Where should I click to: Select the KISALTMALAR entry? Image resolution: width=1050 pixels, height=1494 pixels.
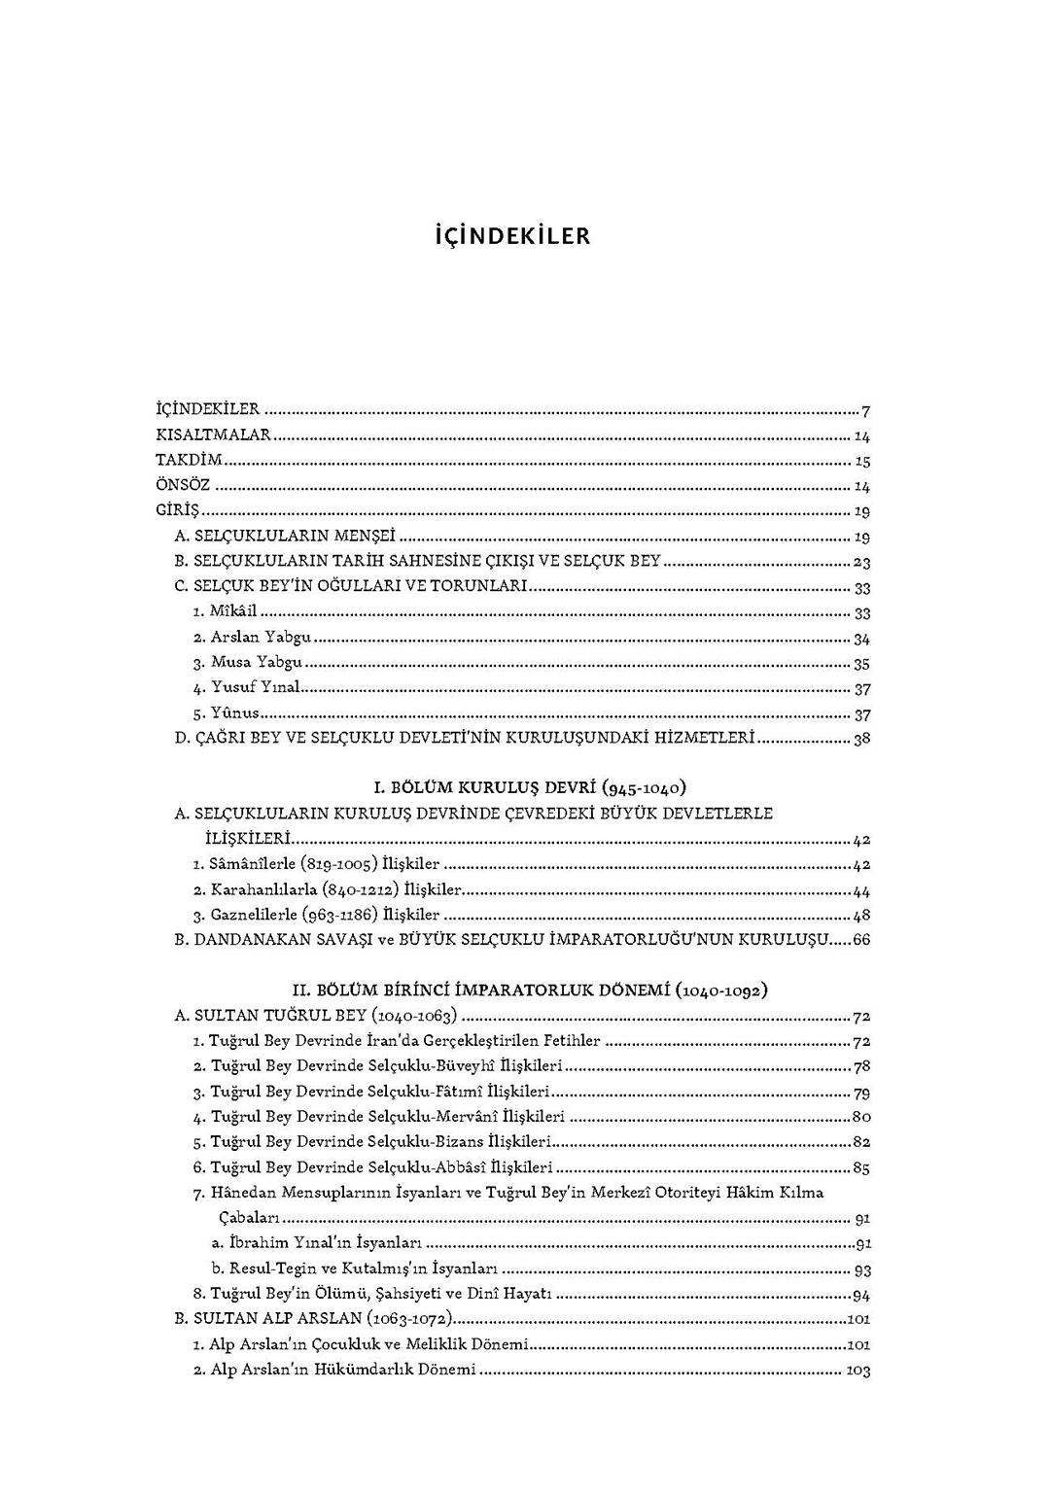pos(213,435)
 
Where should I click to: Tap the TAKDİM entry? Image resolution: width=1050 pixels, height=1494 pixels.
pos(189,461)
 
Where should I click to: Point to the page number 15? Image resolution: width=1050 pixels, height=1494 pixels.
pos(861,462)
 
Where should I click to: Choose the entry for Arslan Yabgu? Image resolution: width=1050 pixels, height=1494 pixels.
pos(261,638)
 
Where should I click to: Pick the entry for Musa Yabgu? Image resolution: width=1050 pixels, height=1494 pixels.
pos(256,663)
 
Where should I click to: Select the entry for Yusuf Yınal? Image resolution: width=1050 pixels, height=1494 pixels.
pos(255,688)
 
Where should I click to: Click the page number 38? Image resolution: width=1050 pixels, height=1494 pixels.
pos(861,739)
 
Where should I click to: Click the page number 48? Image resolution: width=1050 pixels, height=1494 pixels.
pos(861,915)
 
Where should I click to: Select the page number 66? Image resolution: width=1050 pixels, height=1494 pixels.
pos(861,940)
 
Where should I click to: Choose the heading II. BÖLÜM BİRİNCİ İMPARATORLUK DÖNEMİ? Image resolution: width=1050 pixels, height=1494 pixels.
pos(530,990)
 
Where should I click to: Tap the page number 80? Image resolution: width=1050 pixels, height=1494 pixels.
pos(861,1117)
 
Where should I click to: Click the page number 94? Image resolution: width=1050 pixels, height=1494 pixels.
pos(860,1294)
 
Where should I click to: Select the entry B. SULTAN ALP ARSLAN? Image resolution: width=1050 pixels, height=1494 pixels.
pos(314,1319)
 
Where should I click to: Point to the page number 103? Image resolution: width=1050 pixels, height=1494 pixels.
pos(858,1371)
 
